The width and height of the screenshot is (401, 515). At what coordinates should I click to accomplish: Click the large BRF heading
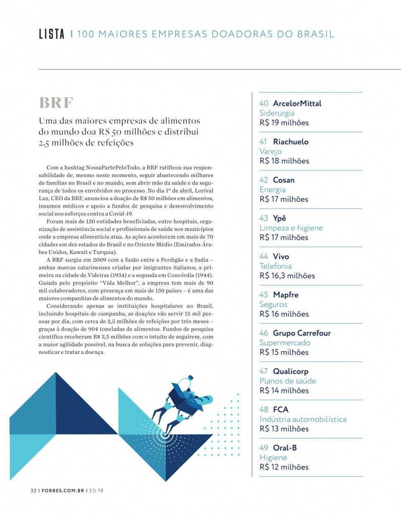tap(56, 102)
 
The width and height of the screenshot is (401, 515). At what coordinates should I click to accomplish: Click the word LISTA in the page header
tap(51, 34)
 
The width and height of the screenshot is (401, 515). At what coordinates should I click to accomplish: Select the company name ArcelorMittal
tap(297, 103)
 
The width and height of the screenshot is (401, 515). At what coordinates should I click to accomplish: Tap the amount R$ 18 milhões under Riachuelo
tap(284, 161)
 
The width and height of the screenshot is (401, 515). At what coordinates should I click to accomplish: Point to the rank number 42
tap(264, 180)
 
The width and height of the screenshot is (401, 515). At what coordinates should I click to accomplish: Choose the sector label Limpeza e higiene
tap(291, 228)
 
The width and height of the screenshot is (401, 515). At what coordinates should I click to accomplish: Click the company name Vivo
tap(281, 256)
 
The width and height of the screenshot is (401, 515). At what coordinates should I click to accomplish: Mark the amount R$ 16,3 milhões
tap(287, 276)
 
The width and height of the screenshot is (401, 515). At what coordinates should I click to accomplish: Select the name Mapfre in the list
tap(286, 295)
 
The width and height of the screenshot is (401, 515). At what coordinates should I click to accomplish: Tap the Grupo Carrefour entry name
tap(302, 333)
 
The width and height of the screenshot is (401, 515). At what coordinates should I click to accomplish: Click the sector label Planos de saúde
tap(287, 381)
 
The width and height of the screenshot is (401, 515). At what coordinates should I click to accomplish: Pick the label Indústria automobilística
tap(303, 419)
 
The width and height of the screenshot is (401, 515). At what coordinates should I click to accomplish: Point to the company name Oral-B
tap(285, 448)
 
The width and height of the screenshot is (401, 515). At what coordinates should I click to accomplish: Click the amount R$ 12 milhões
tap(284, 467)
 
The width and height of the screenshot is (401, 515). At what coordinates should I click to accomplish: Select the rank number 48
tap(264, 409)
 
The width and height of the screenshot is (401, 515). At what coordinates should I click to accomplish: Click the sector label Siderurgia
tap(277, 113)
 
